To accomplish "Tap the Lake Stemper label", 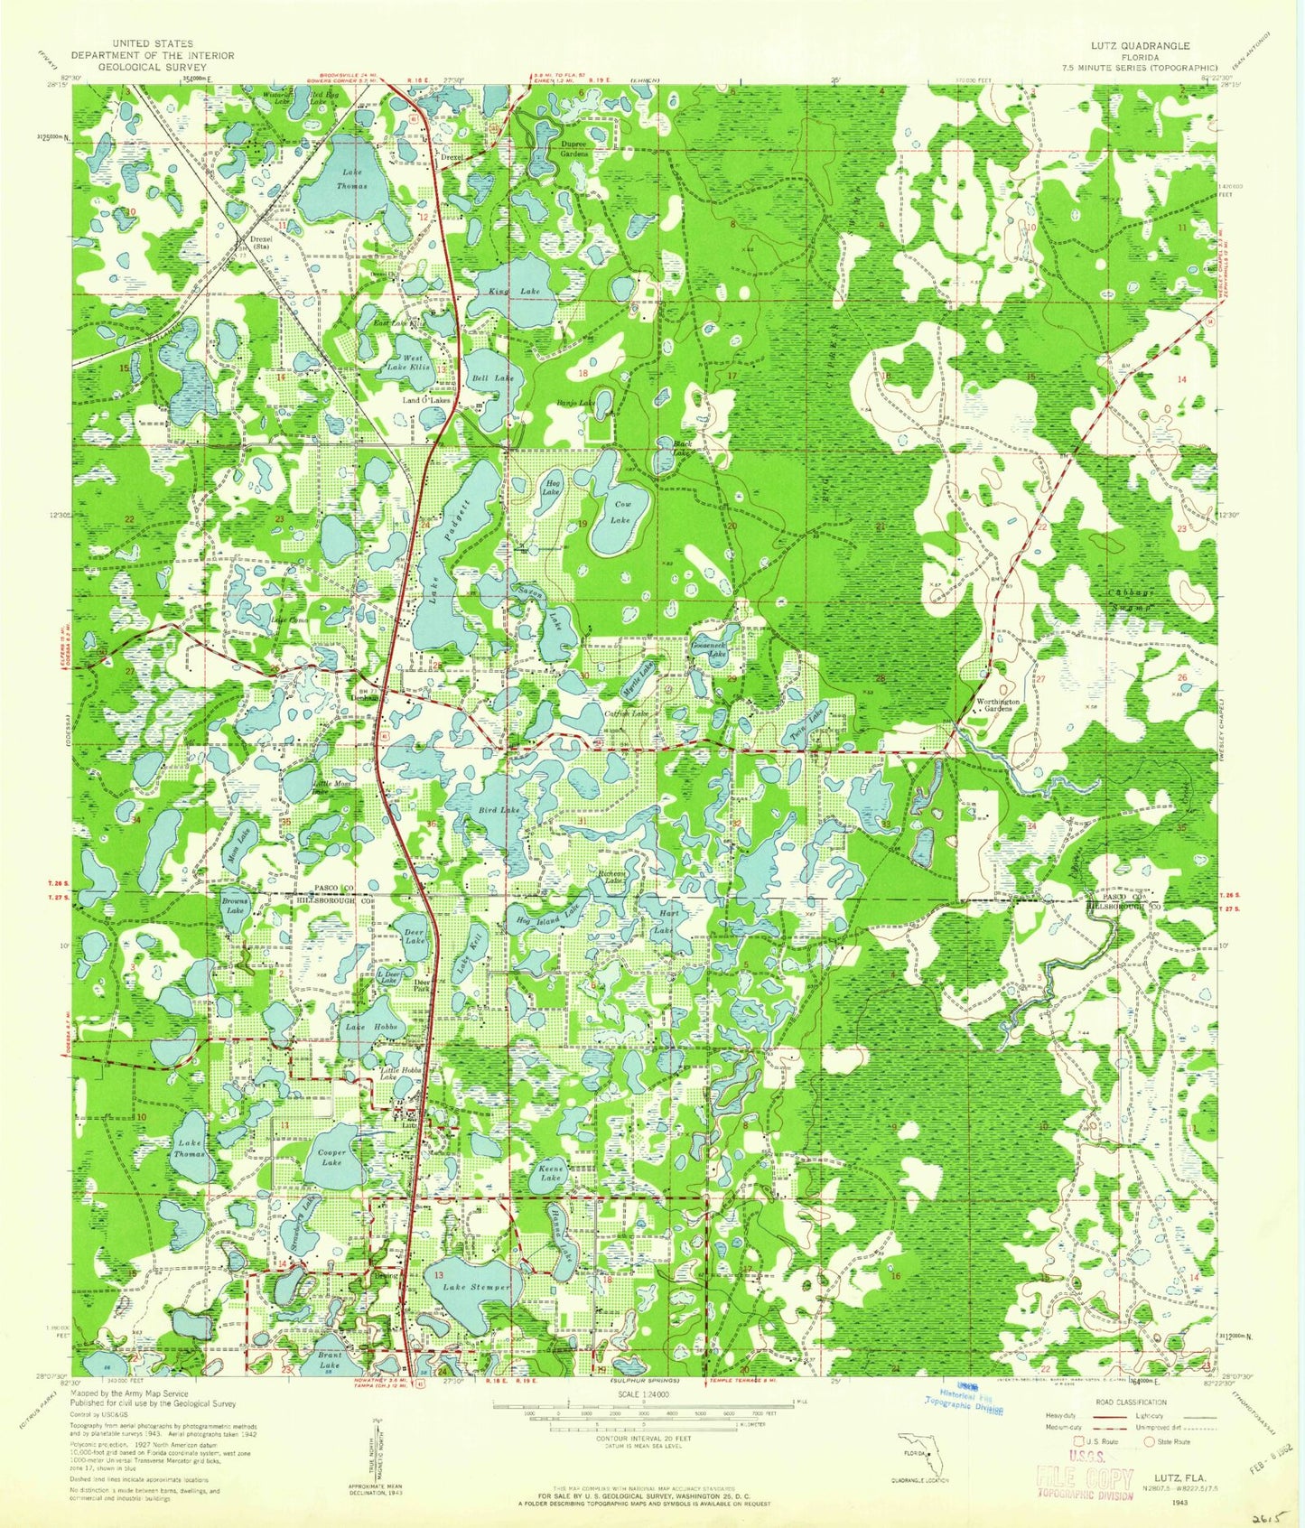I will click(x=472, y=1286).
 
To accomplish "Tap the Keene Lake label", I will click(x=552, y=1173).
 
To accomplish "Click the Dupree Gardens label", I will click(x=574, y=149).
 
